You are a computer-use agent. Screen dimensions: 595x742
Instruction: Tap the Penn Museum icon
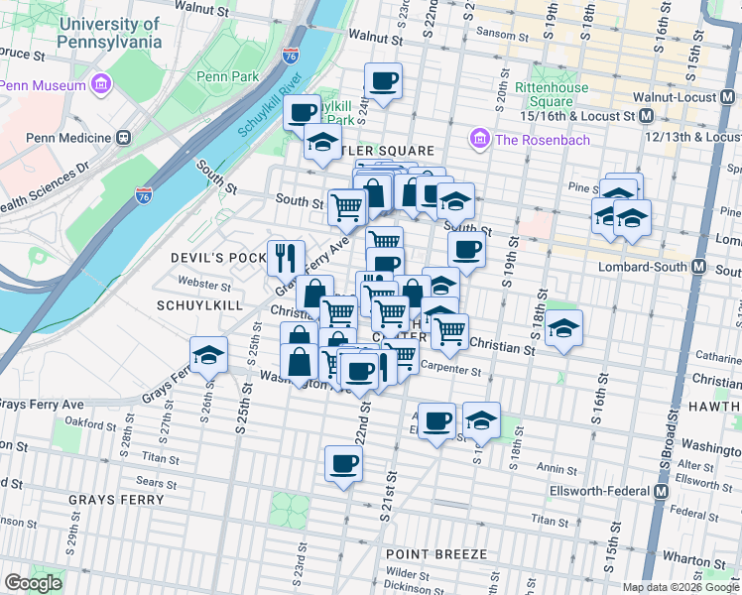click(100, 85)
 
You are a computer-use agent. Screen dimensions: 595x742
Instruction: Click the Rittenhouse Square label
click(551, 94)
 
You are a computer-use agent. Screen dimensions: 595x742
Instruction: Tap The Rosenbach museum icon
click(481, 139)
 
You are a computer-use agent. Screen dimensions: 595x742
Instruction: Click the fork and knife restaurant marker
click(285, 257)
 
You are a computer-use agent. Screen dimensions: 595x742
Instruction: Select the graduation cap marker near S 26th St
click(208, 355)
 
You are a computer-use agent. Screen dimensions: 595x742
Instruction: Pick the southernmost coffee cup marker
click(343, 463)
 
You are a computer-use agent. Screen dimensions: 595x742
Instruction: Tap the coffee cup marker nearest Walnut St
click(383, 80)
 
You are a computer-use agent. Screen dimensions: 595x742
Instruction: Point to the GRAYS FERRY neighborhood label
click(116, 500)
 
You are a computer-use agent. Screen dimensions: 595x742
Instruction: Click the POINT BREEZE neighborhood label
click(436, 553)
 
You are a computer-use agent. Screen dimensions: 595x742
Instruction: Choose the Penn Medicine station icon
click(124, 138)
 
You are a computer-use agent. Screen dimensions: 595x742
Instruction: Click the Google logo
click(34, 583)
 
